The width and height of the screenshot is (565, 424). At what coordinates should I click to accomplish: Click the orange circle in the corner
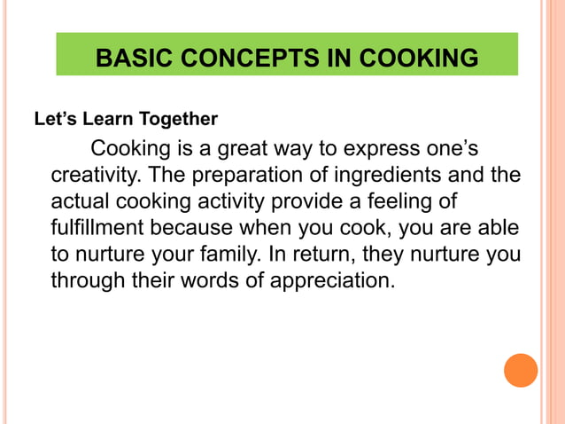pyautogui.click(x=521, y=370)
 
